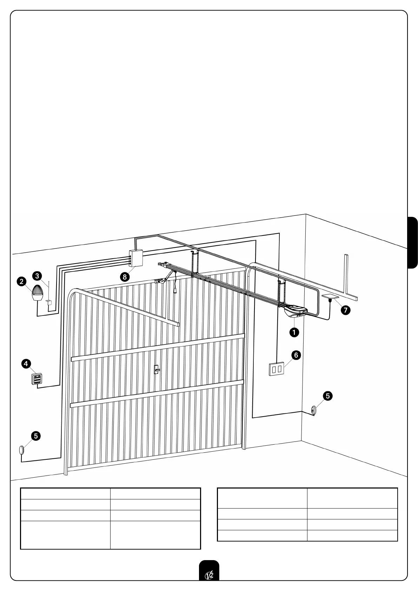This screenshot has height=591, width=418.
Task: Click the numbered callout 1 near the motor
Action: pos(294,332)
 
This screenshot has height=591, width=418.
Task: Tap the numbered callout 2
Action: pos(22,281)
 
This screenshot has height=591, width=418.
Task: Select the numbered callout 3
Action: pos(37,276)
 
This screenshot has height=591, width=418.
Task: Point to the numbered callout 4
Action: pos(26,364)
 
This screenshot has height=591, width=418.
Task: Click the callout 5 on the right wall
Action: pos(327,396)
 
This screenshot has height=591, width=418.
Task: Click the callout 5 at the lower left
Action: pos(36,436)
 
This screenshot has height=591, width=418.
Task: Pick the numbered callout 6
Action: pos(296,355)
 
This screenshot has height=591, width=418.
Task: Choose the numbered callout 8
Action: pos(125,277)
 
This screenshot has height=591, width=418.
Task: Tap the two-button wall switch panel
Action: pos(276,369)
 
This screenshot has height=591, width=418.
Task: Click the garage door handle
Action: pos(157,369)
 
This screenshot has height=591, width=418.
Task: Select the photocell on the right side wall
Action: pos(313,410)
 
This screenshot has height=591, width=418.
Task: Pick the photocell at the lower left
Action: pos(21,450)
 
